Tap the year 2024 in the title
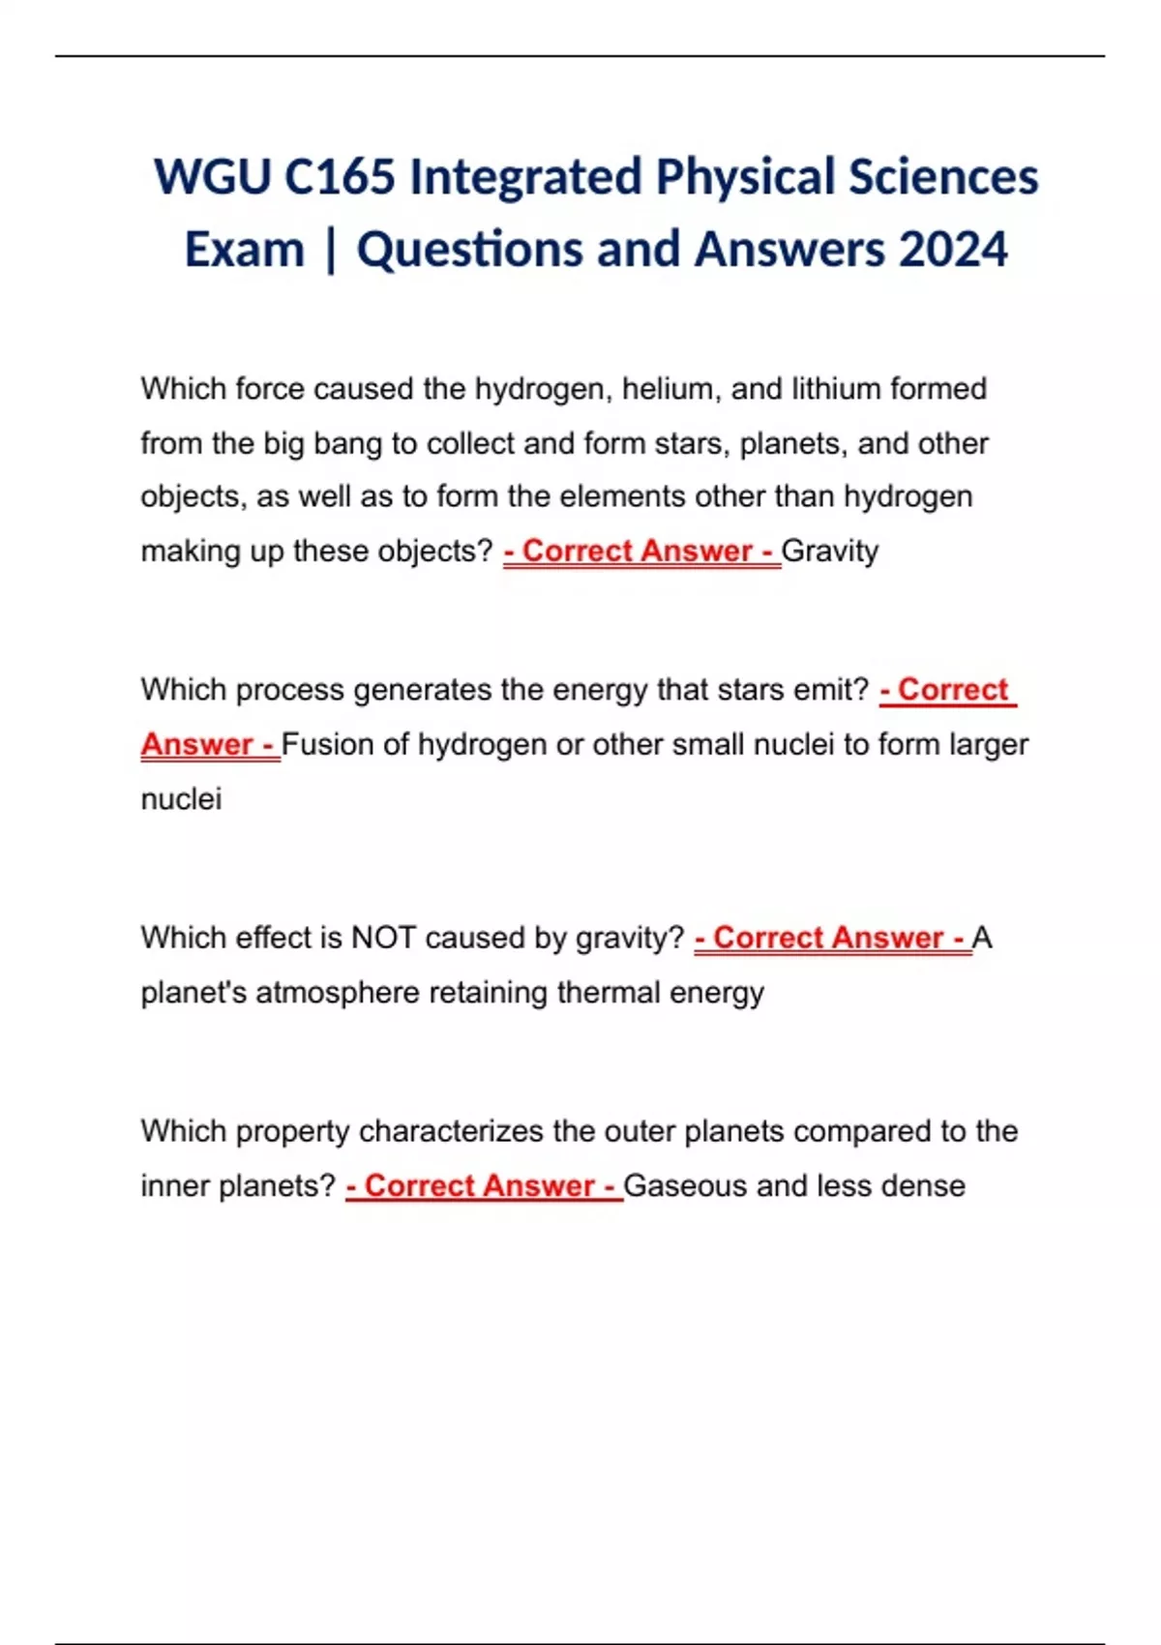click(953, 250)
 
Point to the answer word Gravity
click(830, 551)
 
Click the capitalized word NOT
click(383, 938)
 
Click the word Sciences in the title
click(943, 178)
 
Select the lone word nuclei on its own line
click(181, 799)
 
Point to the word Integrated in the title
click(525, 178)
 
